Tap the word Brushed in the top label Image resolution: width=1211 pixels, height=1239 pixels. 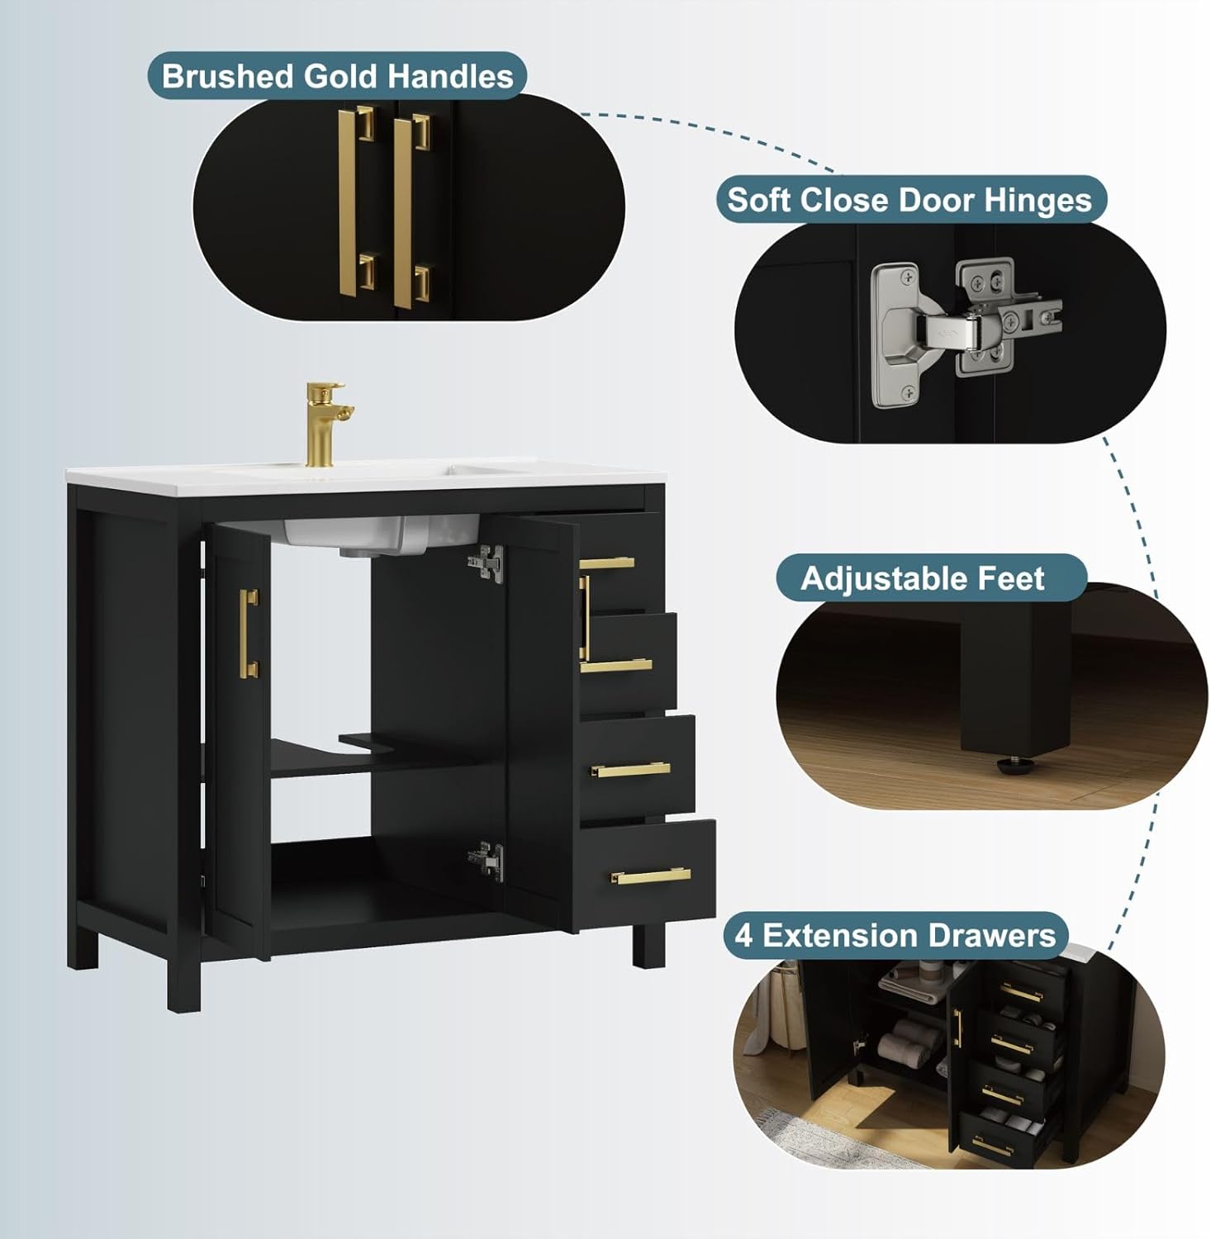[x=228, y=76]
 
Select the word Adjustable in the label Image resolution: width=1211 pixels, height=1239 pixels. [x=876, y=578]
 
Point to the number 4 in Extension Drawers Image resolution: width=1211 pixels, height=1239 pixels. [x=743, y=936]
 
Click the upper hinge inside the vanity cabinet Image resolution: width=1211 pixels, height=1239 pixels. [x=487, y=564]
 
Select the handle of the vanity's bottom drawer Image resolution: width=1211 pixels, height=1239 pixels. [x=650, y=876]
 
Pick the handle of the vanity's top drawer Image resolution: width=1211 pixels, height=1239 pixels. [x=607, y=563]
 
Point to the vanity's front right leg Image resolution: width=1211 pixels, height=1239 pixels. [x=648, y=946]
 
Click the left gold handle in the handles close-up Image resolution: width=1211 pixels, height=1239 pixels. [x=355, y=202]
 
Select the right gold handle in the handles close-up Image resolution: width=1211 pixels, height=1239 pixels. [x=409, y=211]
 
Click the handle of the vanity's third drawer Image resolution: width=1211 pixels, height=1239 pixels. [x=630, y=770]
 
